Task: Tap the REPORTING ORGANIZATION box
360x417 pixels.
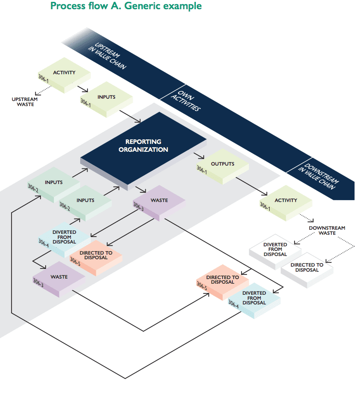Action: pyautogui.click(x=143, y=146)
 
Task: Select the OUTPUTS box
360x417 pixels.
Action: pyautogui.click(x=223, y=165)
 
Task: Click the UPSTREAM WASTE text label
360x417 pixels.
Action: pyautogui.click(x=25, y=101)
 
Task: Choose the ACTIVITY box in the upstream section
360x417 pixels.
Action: pyautogui.click(x=65, y=73)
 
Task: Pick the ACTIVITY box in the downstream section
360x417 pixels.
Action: pyautogui.click(x=286, y=201)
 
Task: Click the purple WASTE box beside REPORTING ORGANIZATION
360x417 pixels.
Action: pyautogui.click(x=159, y=201)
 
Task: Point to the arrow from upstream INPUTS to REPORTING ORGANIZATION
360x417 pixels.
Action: pyautogui.click(x=130, y=117)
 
